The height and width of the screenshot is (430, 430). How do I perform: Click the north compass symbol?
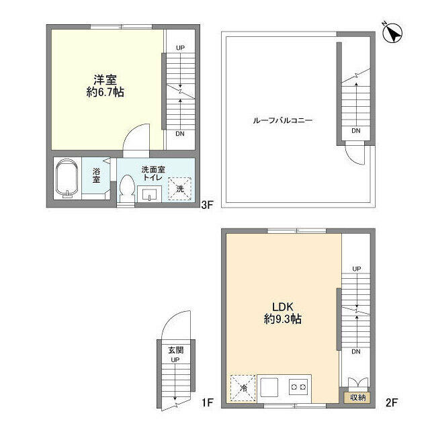(392, 32)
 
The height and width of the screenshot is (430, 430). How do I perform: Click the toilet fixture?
(126, 188)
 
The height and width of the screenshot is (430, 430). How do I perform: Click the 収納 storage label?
(356, 397)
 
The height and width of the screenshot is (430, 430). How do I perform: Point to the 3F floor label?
(208, 206)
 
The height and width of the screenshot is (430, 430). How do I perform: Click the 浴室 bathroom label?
(96, 176)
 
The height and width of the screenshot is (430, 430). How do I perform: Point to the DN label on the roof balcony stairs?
(355, 131)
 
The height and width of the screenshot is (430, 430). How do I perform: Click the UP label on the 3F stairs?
(180, 48)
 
